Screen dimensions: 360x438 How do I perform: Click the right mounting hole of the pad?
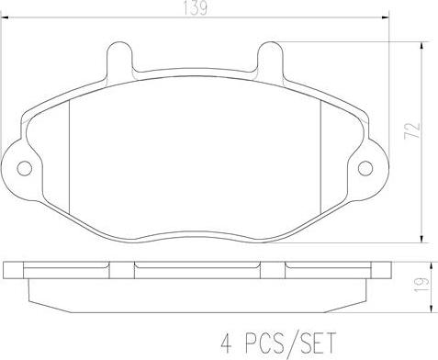pyautogui.click(x=365, y=168)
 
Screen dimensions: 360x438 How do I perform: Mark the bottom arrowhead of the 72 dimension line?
pyautogui.click(x=421, y=234)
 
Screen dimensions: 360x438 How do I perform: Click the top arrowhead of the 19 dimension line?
pyautogui.click(x=421, y=264)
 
